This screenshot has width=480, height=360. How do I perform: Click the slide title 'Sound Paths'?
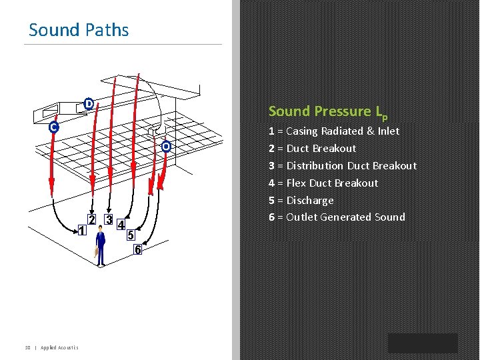click(79, 30)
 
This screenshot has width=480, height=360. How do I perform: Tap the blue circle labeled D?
click(89, 103)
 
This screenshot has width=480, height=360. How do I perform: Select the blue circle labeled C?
click(53, 127)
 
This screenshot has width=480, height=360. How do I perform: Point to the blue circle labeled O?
click(166, 146)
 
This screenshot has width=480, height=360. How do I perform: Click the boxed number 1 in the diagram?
click(81, 231)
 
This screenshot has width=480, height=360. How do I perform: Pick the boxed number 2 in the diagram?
click(92, 219)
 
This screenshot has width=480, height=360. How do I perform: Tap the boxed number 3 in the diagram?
click(109, 219)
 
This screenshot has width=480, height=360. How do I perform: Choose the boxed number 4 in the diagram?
click(121, 225)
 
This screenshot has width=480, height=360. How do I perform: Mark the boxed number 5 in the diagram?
click(131, 235)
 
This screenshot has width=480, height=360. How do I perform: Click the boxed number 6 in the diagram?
click(138, 250)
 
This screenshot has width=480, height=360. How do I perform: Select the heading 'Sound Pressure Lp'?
click(327, 112)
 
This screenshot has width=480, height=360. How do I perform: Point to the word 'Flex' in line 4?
click(297, 183)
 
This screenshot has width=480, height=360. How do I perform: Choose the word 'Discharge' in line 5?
click(310, 200)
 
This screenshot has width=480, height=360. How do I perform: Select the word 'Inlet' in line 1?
click(388, 131)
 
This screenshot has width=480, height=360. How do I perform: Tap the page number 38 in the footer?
click(28, 347)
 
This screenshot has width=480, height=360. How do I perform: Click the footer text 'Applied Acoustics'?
click(59, 347)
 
